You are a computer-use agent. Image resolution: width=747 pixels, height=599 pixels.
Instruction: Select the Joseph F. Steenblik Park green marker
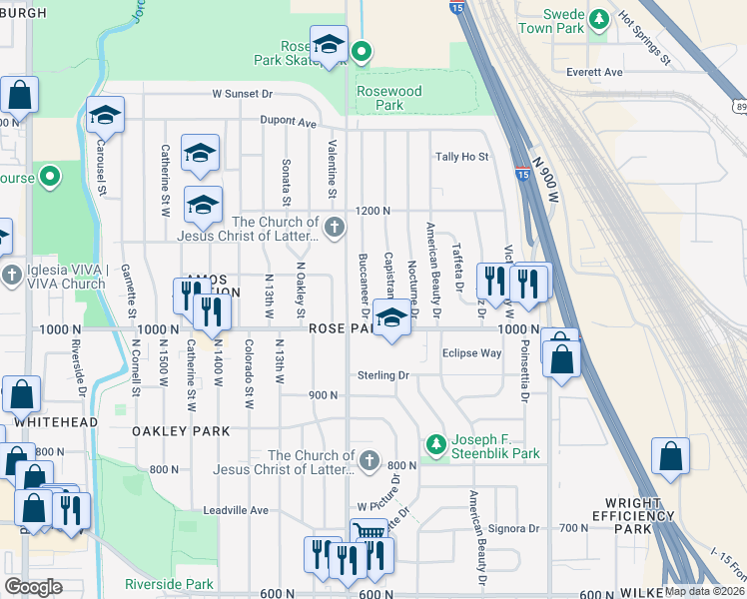(x=434, y=442)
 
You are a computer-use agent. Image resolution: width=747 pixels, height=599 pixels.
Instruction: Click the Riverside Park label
(x=169, y=584)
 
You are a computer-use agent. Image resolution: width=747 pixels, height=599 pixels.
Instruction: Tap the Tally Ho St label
(x=461, y=157)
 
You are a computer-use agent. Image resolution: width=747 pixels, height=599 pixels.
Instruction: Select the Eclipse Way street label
(x=471, y=353)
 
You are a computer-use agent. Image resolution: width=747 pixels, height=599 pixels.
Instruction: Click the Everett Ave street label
(x=594, y=72)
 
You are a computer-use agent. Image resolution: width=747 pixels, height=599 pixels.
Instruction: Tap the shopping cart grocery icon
(x=368, y=535)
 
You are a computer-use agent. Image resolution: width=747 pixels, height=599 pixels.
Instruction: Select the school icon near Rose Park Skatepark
(x=328, y=44)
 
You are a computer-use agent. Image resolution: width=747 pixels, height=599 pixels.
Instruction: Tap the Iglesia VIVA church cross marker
(x=11, y=274)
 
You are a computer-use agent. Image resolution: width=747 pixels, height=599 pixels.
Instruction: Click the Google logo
(x=33, y=587)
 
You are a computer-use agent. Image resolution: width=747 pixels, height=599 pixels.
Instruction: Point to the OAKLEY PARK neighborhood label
(x=181, y=431)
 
